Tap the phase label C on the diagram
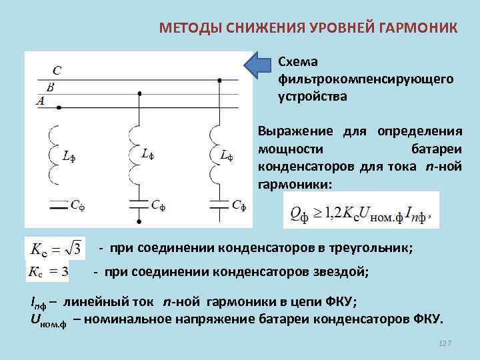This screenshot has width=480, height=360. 57,69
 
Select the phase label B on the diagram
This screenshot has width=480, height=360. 49,87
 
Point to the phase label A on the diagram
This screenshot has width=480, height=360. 41,101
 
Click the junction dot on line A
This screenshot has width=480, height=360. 59,107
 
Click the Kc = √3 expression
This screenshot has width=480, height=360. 55,249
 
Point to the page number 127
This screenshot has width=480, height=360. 445,343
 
